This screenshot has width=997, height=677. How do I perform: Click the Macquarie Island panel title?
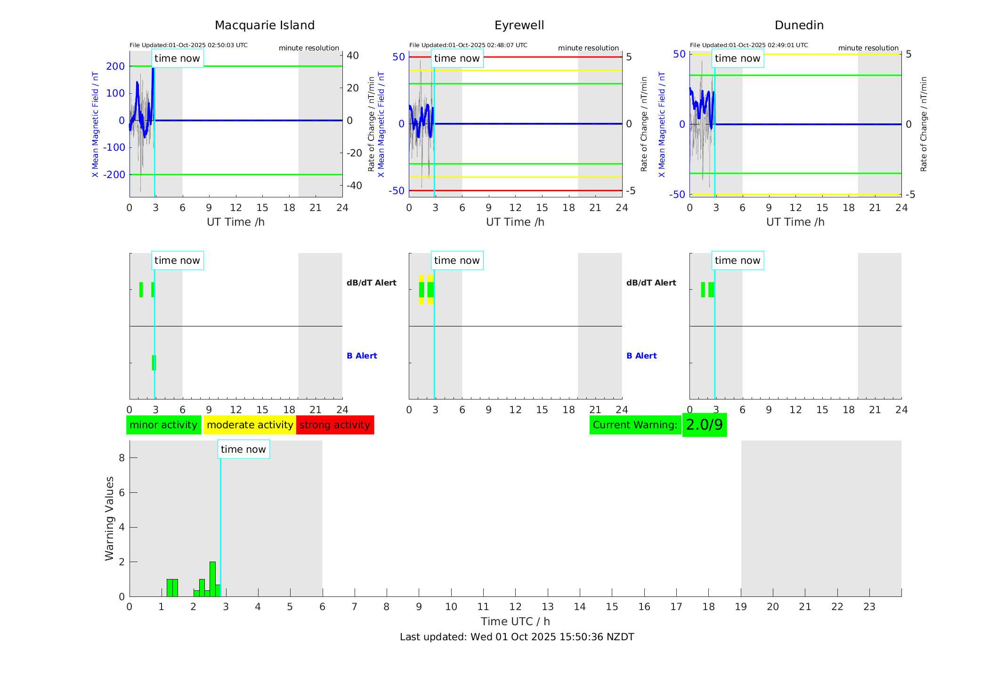click(x=264, y=25)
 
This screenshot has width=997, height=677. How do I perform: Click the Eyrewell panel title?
click(x=519, y=25)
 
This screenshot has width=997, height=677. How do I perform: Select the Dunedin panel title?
click(x=799, y=25)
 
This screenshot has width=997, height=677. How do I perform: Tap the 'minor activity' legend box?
click(x=163, y=425)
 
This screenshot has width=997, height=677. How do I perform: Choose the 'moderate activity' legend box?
click(x=250, y=425)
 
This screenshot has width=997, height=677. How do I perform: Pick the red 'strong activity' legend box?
click(x=335, y=425)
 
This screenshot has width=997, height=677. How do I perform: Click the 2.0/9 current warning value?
click(x=704, y=425)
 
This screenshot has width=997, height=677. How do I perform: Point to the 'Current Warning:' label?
click(x=635, y=425)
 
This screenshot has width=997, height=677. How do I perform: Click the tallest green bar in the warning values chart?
click(x=212, y=579)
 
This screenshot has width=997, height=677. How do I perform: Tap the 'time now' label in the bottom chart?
click(x=243, y=449)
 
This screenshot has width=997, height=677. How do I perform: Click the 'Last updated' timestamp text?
click(x=517, y=637)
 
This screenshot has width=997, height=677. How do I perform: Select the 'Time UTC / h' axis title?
click(x=515, y=621)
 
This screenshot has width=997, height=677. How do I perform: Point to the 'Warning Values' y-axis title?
click(x=110, y=518)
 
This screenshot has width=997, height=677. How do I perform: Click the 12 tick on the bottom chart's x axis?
click(x=515, y=607)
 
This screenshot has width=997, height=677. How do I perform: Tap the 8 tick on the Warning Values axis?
click(x=122, y=458)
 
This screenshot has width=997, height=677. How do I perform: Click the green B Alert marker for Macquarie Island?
click(x=154, y=363)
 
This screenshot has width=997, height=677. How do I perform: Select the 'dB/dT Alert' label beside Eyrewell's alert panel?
click(x=651, y=283)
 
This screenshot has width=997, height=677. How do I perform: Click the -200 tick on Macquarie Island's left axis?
click(x=115, y=175)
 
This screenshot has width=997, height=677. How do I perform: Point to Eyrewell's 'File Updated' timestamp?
click(x=468, y=45)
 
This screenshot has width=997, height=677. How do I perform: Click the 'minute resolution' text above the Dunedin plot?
click(x=868, y=48)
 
